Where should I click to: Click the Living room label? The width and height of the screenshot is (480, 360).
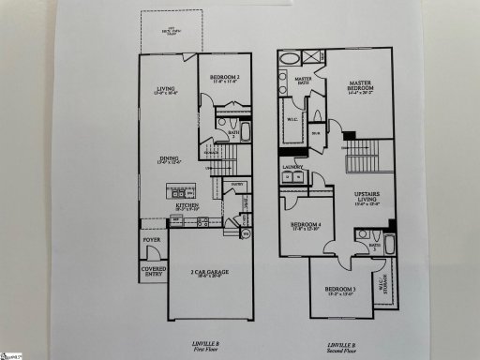(159, 92)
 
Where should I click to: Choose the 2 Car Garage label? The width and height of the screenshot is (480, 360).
(211, 272)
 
